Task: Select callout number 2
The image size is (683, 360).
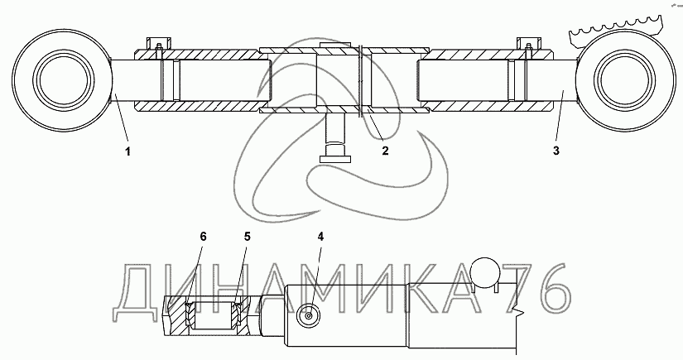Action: [384, 151]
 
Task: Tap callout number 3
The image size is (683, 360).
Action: [556, 151]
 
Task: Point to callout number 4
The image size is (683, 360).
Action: [321, 237]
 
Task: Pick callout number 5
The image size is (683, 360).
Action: [246, 237]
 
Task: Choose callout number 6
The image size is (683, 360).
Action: [204, 237]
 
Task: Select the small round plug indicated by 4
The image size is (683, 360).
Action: [309, 314]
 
